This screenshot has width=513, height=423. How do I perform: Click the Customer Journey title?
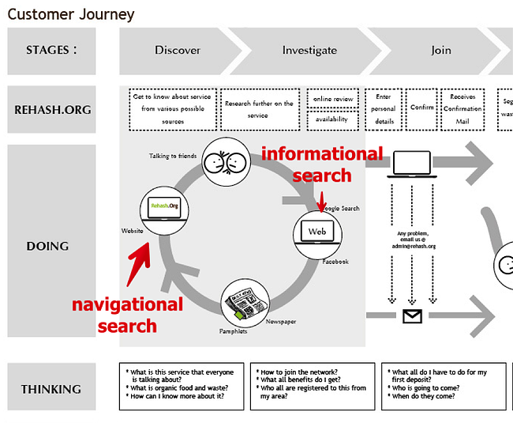pyautogui.click(x=71, y=14)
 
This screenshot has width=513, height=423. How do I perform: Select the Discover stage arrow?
pyautogui.click(x=178, y=51)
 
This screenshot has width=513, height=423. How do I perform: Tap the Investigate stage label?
pyautogui.click(x=309, y=51)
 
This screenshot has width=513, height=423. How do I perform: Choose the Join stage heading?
pyautogui.click(x=440, y=51)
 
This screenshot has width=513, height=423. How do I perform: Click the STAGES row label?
pyautogui.click(x=51, y=51)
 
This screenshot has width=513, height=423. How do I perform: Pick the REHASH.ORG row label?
pyautogui.click(x=51, y=110)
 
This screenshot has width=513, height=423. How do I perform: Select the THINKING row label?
pyautogui.click(x=51, y=389)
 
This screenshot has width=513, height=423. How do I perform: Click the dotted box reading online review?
pyautogui.click(x=332, y=99)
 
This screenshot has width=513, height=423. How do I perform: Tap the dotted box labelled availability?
pyautogui.click(x=332, y=120)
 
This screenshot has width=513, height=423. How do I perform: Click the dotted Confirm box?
pyautogui.click(x=422, y=108)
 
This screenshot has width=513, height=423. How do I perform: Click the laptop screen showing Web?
pyautogui.click(x=316, y=232)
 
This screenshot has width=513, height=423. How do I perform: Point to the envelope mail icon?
pyautogui.click(x=413, y=317)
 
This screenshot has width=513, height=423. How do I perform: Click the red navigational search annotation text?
pyautogui.click(x=127, y=315)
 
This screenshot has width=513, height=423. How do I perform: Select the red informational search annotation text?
pyautogui.click(x=322, y=164)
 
